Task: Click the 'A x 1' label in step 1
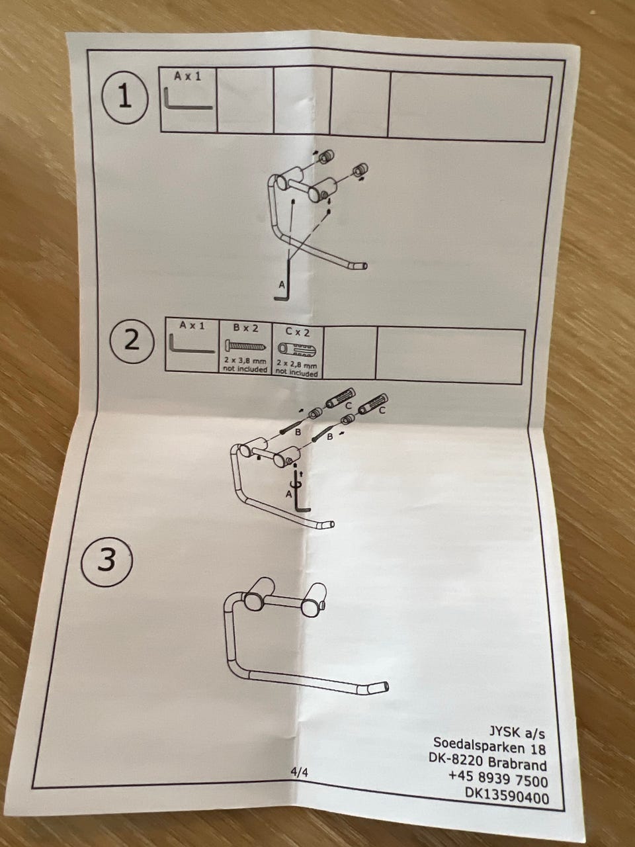tap(187, 77)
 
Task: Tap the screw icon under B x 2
tap(245, 346)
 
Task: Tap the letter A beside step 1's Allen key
tap(281, 285)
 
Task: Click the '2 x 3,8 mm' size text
tap(245, 362)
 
